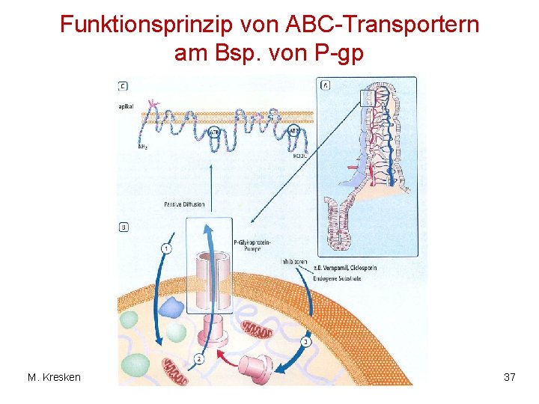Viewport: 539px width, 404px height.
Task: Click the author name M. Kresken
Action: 54,377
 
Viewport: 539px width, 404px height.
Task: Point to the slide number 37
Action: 509,377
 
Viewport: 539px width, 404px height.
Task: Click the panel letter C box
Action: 123,86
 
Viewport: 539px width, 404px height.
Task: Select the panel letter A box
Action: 326,85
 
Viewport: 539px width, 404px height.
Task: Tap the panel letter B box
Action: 123,227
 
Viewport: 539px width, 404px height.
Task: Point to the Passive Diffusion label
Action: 183,204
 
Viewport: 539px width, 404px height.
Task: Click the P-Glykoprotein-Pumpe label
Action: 252,246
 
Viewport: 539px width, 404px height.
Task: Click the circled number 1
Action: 165,248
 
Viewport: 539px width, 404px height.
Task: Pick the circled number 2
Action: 198,358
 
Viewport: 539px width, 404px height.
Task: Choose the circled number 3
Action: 305,342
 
